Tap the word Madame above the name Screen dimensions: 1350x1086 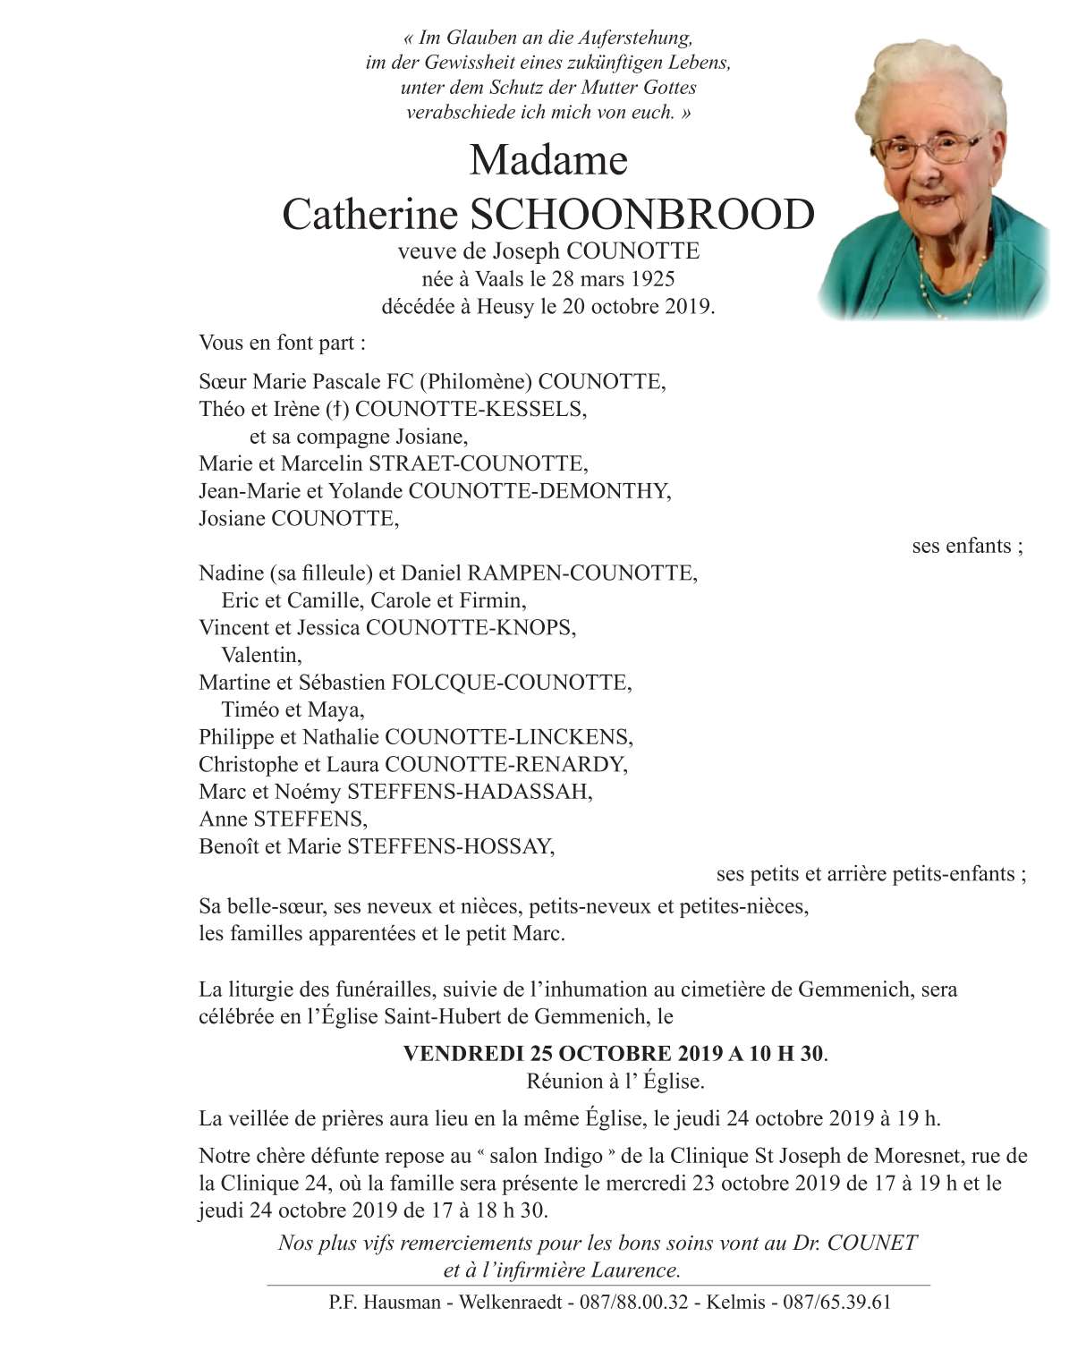pyautogui.click(x=548, y=161)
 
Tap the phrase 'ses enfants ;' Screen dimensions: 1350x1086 pyautogui.click(x=967, y=546)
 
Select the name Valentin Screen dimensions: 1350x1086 pyautogui.click(x=261, y=655)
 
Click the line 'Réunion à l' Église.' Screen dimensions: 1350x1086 pyautogui.click(x=615, y=1081)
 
